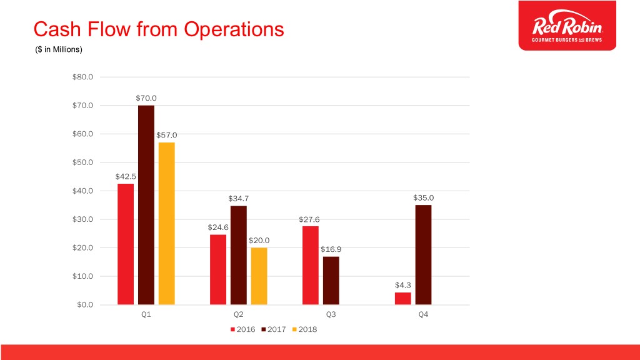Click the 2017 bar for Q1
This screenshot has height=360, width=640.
tap(146, 205)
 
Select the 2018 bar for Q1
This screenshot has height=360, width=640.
tap(166, 224)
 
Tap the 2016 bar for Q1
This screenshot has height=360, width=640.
tap(125, 244)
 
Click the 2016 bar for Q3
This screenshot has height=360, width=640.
tap(310, 266)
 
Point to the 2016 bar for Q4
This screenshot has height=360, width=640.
tap(402, 299)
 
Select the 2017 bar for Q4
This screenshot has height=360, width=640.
tap(423, 255)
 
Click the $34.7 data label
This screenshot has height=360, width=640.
tap(238, 199)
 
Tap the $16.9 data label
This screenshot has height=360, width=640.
tap(331, 250)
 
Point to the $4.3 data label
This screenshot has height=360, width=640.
tap(402, 285)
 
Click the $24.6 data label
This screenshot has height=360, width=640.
tap(218, 227)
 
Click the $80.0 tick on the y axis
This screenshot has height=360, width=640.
tap(82, 77)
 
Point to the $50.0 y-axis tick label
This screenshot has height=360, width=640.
tap(82, 162)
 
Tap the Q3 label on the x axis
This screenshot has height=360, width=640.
tap(331, 315)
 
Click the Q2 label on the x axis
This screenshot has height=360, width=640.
tap(238, 315)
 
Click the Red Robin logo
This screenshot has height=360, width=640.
tap(567, 26)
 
